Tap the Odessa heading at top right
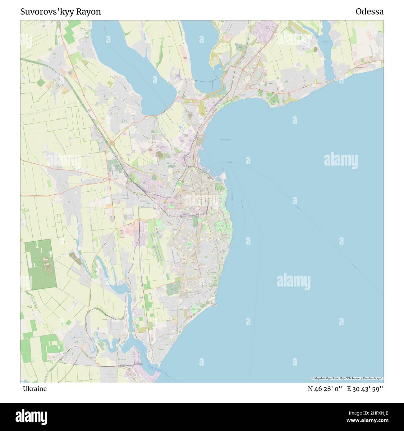click(x=370, y=12)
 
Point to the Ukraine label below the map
click(x=34, y=389)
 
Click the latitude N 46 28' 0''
click(x=325, y=389)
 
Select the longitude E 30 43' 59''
click(x=365, y=389)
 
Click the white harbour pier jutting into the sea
click(x=223, y=177)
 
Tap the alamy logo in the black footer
click(x=31, y=416)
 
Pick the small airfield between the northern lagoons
click(x=177, y=76)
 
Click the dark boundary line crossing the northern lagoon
click(x=204, y=82)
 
